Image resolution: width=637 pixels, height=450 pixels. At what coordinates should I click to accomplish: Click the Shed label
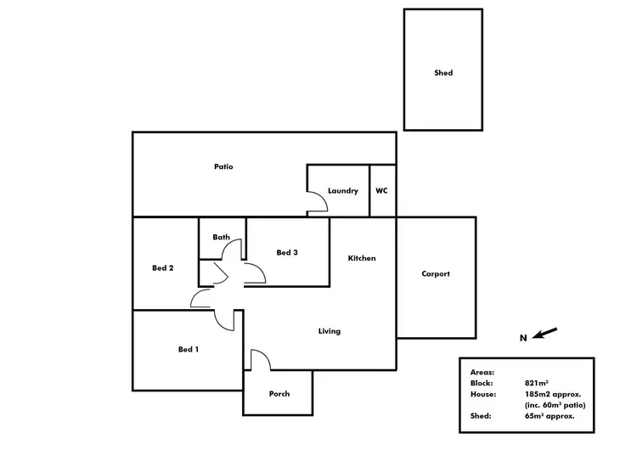[x=443, y=73]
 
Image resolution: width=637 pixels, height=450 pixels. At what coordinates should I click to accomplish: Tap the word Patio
[x=223, y=167]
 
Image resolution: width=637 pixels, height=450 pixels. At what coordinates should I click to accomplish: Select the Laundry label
[x=342, y=191]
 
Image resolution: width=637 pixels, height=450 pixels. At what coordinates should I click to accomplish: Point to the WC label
[x=381, y=191]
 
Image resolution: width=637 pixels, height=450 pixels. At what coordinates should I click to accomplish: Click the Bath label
[x=222, y=238]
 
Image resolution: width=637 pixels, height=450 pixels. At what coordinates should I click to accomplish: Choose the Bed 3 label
[x=287, y=252]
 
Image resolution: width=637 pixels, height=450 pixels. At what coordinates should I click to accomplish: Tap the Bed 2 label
[x=163, y=268]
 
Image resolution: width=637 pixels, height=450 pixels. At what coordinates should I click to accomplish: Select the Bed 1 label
[x=189, y=349]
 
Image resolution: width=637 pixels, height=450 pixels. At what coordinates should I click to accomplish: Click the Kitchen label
[x=362, y=258]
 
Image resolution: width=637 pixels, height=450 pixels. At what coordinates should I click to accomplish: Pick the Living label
[x=330, y=331]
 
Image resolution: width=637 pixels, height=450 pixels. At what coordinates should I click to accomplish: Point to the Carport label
[x=436, y=274]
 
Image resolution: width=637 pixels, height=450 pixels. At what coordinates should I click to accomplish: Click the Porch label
[x=279, y=394]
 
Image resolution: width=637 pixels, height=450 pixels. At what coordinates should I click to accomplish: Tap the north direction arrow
[x=546, y=334]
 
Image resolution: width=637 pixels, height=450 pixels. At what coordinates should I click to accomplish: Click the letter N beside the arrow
[x=524, y=338]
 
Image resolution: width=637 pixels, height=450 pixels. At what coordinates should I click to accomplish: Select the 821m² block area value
[x=538, y=384]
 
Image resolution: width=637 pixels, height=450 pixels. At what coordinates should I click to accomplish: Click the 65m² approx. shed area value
[x=550, y=416]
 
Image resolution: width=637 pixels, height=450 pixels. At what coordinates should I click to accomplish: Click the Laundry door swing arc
[x=317, y=202]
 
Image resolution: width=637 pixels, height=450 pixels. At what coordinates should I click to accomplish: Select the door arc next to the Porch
[x=261, y=360]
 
